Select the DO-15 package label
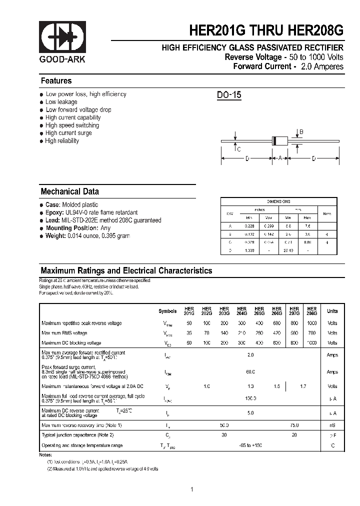(x=229, y=95)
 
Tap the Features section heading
(x=56, y=81)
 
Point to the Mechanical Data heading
(x=69, y=191)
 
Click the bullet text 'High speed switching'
(x=72, y=125)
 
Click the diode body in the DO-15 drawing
(x=280, y=141)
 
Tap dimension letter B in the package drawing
(x=301, y=132)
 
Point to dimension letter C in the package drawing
(x=239, y=149)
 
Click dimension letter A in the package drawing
(x=280, y=158)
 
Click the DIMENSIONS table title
(x=278, y=201)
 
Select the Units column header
(x=332, y=311)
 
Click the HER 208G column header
(x=311, y=311)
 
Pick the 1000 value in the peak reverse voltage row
(x=311, y=323)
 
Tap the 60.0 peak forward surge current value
(x=250, y=372)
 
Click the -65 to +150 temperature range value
(x=250, y=445)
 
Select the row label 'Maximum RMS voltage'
(x=64, y=333)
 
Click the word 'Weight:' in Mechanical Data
(x=56, y=235)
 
